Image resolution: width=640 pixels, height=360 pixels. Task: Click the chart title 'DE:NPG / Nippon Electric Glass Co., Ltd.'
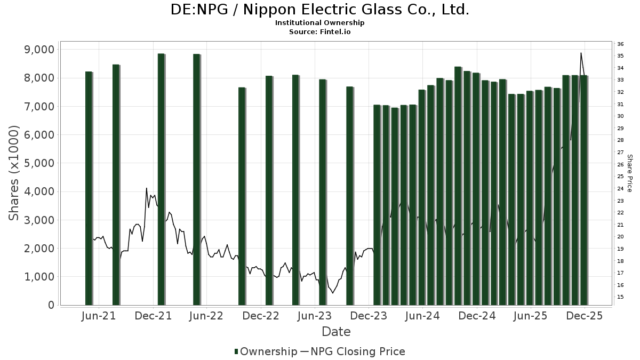(320, 10)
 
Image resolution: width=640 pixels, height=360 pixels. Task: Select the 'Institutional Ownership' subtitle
(320, 23)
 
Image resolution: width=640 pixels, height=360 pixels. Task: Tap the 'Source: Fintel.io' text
(320, 31)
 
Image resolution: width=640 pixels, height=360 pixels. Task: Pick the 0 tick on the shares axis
(51, 305)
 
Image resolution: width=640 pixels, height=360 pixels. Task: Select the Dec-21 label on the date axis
(154, 316)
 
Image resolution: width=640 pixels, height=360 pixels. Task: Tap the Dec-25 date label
(585, 316)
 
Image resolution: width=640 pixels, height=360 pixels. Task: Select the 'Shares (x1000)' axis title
(14, 173)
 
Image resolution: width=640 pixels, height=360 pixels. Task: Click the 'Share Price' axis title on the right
(630, 173)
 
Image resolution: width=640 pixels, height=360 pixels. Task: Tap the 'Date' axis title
(336, 332)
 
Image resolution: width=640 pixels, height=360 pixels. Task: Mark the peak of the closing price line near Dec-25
(581, 53)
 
